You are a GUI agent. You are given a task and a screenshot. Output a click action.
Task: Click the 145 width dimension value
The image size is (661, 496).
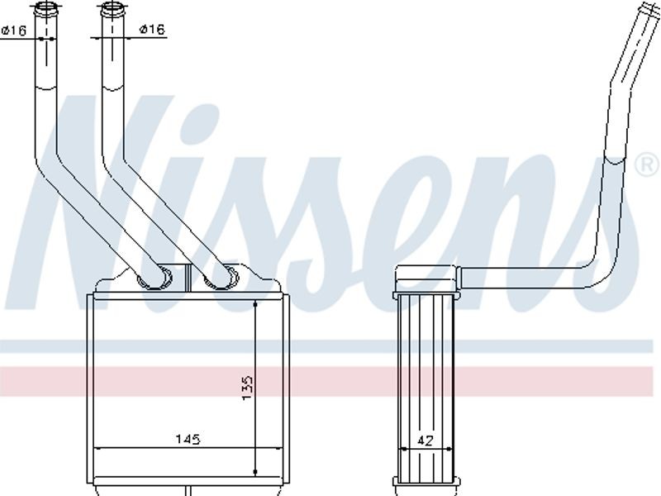(188, 440)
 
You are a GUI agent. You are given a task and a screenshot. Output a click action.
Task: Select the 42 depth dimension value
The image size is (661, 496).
(425, 441)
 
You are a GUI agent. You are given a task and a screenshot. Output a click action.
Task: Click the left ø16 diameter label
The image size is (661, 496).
(14, 30)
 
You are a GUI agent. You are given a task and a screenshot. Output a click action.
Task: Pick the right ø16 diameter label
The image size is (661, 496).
(153, 29)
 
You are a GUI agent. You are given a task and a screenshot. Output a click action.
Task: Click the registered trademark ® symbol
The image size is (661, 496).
(647, 165)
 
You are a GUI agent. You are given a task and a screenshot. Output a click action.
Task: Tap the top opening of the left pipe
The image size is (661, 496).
(45, 7)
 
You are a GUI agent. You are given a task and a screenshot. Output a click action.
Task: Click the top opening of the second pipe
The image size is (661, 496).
(112, 7)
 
